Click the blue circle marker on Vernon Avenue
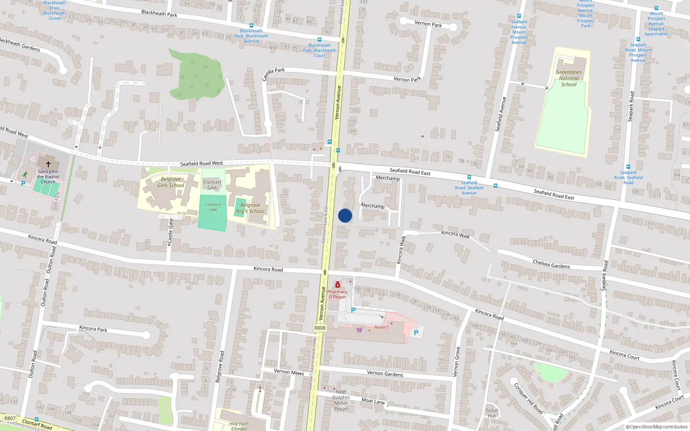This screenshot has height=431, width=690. point(345,215)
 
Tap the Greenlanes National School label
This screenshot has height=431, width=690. point(568,78)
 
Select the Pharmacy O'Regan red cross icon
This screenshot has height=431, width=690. point(338,284)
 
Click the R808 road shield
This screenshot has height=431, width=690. point(320,328)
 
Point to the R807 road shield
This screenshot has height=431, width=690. point(10,418)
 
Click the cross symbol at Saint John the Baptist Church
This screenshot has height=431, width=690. point(48,164)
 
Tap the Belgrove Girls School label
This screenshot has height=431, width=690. point(170,182)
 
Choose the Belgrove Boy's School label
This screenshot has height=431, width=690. point(250,208)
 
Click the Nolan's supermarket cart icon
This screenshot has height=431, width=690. point(359,330)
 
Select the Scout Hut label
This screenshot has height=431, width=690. point(492,413)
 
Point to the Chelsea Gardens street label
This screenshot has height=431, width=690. point(551,264)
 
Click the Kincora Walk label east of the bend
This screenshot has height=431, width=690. point(455,234)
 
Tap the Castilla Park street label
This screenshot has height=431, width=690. point(273,74)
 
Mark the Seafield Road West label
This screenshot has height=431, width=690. point(201,163)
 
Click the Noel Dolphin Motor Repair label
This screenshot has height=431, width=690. point(341,400)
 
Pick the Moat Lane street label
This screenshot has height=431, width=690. point(373,401)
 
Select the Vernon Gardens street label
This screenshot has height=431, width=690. point(385,373)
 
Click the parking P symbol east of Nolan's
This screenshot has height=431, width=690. point(416,333)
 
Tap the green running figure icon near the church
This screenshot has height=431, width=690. point(25,175)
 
